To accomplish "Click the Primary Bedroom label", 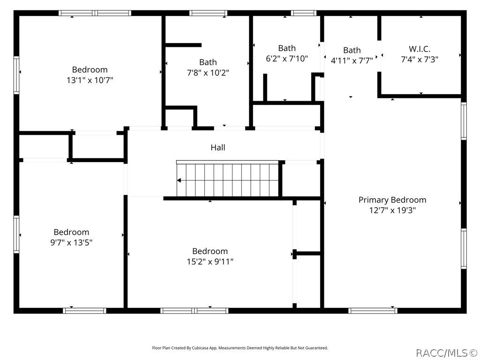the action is [392, 200].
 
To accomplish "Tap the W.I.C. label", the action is [420, 49].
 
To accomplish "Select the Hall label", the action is [217, 148].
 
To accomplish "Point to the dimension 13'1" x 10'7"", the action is [90, 80].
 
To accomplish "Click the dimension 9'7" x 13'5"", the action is [71, 242].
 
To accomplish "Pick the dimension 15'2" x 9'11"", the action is [210, 262].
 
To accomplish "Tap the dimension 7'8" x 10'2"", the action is [208, 73].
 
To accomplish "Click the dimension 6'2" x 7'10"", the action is [287, 59].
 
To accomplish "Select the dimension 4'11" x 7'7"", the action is [352, 60].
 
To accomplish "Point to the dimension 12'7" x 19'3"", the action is [392, 210].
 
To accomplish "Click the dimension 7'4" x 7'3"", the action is [420, 60].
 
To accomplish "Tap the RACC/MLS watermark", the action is [446, 353].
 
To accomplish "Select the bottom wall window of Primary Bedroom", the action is [373, 311].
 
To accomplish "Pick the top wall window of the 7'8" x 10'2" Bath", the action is [208, 13].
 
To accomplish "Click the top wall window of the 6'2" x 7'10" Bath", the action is [303, 13].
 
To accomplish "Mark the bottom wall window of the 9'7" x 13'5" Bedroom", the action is [84, 311].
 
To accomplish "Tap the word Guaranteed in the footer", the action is [317, 348].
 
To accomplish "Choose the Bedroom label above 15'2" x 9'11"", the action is [210, 251].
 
